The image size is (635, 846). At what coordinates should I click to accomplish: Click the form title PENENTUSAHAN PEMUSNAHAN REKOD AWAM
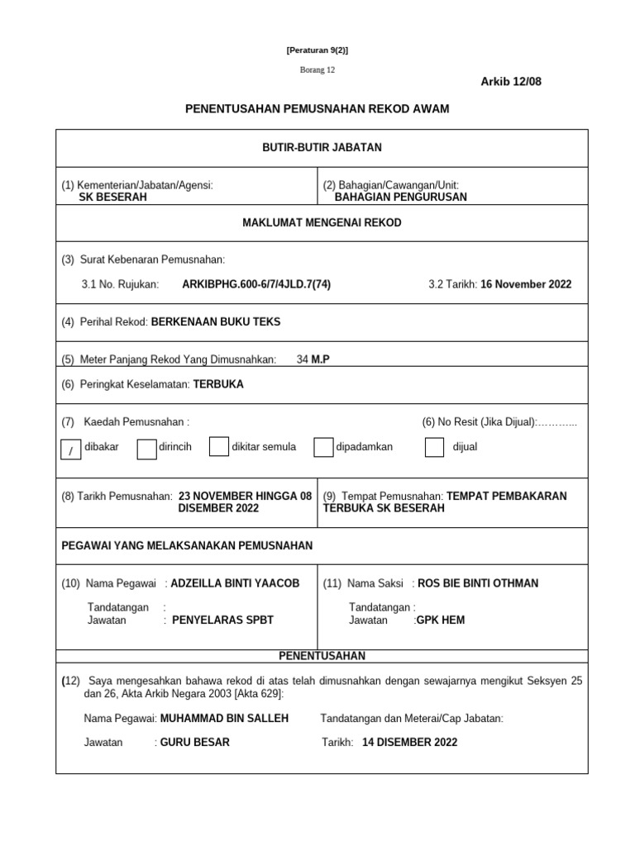(317, 109)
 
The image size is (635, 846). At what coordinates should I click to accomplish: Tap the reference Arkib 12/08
(511, 81)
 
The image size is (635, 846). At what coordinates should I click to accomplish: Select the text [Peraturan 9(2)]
(317, 50)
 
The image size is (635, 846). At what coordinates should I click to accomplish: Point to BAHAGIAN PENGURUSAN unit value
(400, 197)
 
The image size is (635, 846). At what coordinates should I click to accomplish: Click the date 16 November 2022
(526, 284)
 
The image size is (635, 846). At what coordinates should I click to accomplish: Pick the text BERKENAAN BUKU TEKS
(216, 322)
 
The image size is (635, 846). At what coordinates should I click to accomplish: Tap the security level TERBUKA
(218, 384)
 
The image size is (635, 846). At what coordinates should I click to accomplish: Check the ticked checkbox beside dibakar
(71, 449)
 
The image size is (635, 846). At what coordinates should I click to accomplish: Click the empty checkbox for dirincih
(146, 448)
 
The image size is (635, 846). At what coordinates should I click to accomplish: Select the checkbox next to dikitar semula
(218, 447)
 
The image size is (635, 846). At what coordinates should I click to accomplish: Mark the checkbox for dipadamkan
(323, 447)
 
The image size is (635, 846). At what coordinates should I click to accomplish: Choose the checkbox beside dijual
(434, 447)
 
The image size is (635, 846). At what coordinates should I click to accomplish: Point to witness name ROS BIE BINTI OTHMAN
(478, 583)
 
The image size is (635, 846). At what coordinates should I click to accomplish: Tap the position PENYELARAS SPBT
(222, 620)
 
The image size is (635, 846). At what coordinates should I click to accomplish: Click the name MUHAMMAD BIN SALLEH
(224, 719)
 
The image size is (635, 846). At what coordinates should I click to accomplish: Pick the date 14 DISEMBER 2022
(409, 742)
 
